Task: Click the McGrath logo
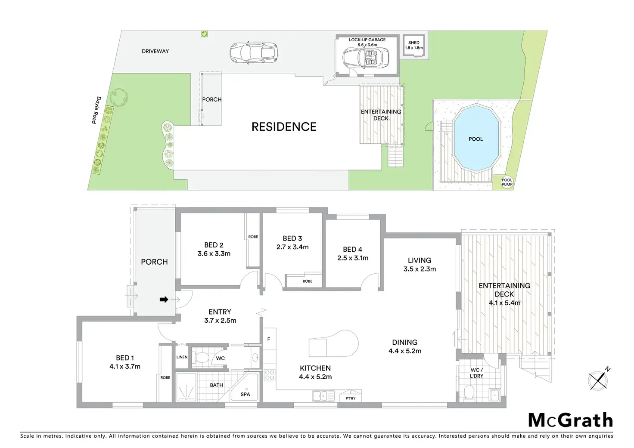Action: [x=570, y=420]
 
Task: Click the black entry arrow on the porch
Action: [x=164, y=300]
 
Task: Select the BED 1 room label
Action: [x=124, y=358]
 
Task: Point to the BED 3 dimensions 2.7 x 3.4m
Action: [x=292, y=247]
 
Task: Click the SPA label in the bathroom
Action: [x=245, y=394]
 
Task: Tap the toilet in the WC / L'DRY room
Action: [x=469, y=392]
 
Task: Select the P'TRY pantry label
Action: [x=351, y=398]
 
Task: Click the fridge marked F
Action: [x=269, y=339]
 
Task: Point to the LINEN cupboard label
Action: [x=182, y=357]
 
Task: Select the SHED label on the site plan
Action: [x=414, y=43]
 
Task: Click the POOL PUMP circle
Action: [x=507, y=182]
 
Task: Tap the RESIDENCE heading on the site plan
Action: [x=284, y=127]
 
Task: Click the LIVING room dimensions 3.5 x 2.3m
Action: [x=420, y=269]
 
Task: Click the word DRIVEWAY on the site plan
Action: [x=155, y=51]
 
